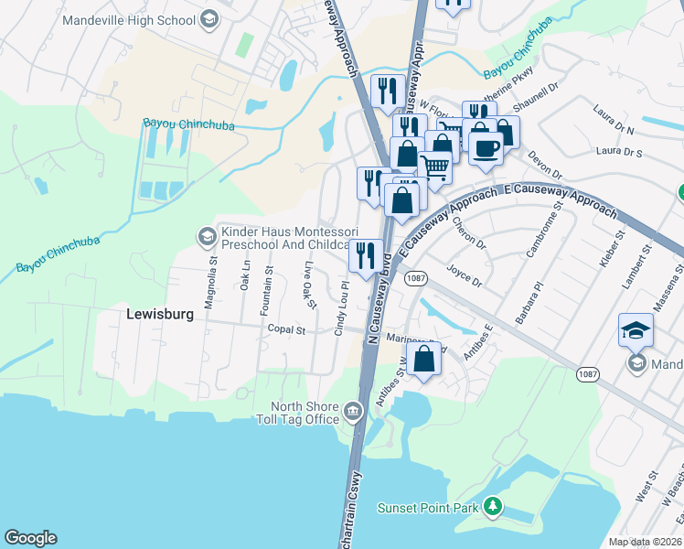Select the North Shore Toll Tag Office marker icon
coord(353,414)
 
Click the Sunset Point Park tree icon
coord(493,504)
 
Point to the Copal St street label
coord(285,328)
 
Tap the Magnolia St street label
coord(209,284)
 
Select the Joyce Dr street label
coord(464,275)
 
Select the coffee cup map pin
coord(486,147)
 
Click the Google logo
coord(30,538)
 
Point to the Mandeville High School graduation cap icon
coord(208,17)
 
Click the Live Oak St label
coord(309,285)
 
